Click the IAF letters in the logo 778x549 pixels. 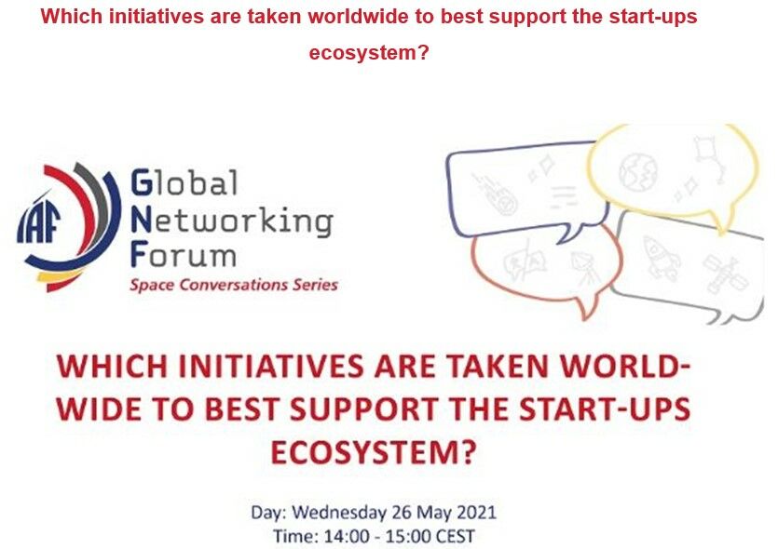(38, 223)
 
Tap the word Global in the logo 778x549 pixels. (184, 182)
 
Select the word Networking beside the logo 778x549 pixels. (232, 222)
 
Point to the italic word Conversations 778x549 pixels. (232, 286)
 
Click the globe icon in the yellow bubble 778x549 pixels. (637, 171)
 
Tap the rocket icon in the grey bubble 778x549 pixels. (661, 258)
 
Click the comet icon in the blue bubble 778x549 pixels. (495, 194)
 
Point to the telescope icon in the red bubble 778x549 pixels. (584, 268)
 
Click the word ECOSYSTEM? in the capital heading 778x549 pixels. (373, 452)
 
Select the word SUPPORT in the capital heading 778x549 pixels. (363, 409)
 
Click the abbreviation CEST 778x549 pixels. (455, 537)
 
